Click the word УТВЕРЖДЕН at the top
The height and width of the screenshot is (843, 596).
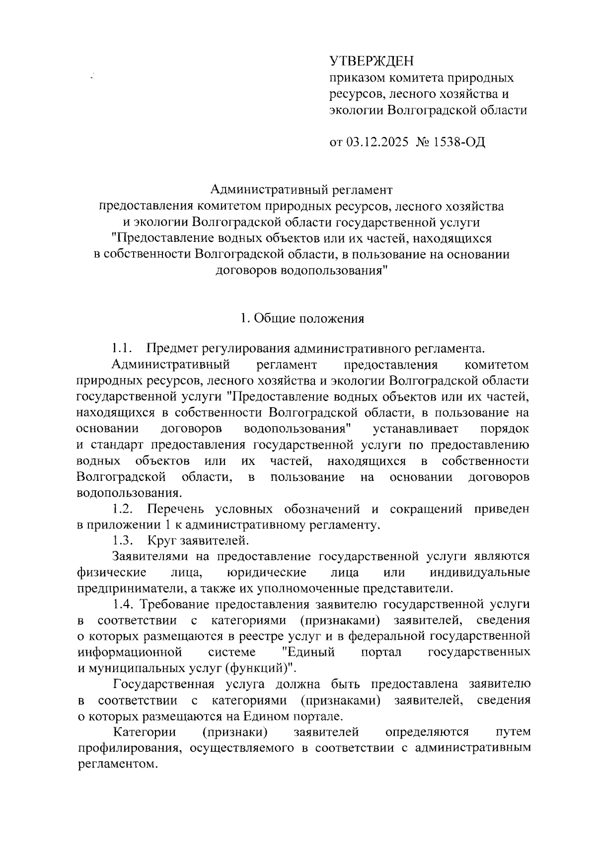(372, 61)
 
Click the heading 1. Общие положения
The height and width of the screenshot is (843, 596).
(301, 318)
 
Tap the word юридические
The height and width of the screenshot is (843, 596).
(266, 572)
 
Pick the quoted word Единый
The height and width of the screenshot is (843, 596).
(308, 652)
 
